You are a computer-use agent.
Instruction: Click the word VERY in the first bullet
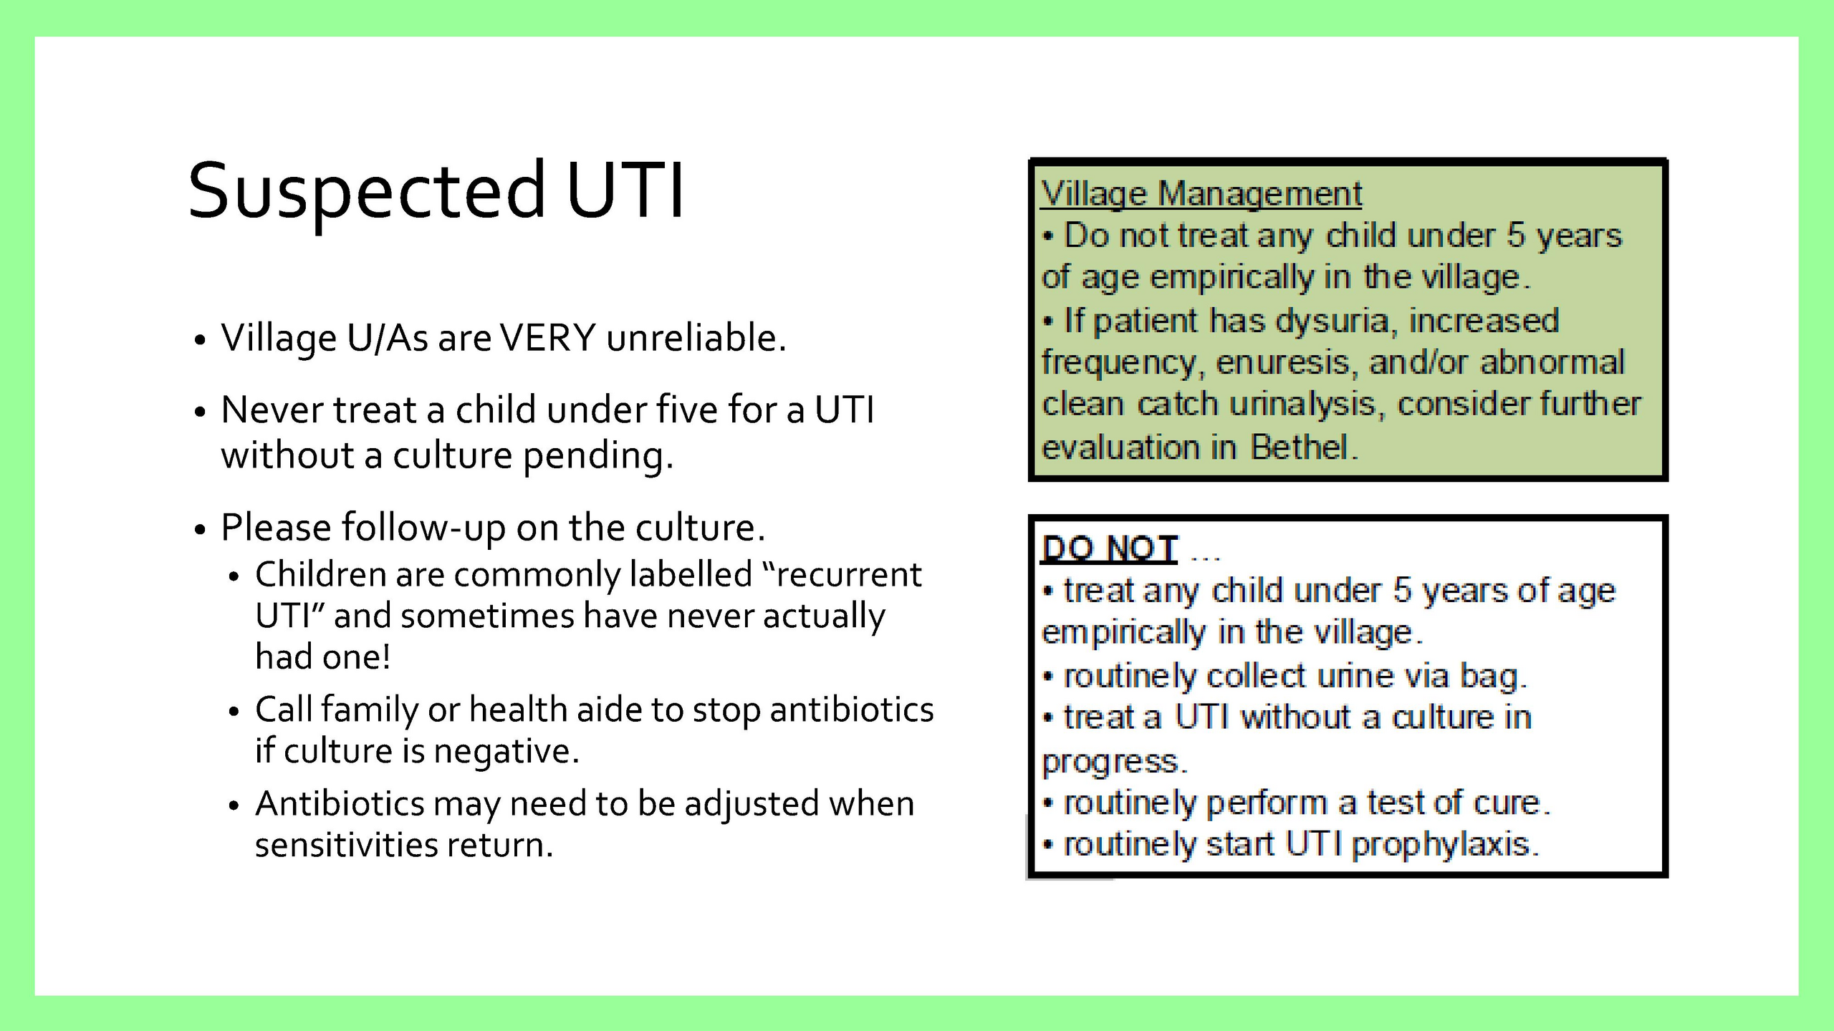(x=548, y=338)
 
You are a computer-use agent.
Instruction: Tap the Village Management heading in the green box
(x=1201, y=194)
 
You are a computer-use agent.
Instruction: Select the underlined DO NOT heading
(x=1110, y=549)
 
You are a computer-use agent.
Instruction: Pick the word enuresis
(x=1287, y=363)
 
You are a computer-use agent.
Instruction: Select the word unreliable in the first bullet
(x=696, y=338)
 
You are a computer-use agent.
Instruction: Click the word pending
(x=598, y=456)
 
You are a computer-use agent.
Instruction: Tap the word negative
(x=506, y=751)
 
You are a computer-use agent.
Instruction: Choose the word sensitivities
(x=347, y=845)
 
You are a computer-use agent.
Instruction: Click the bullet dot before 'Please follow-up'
(x=200, y=530)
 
